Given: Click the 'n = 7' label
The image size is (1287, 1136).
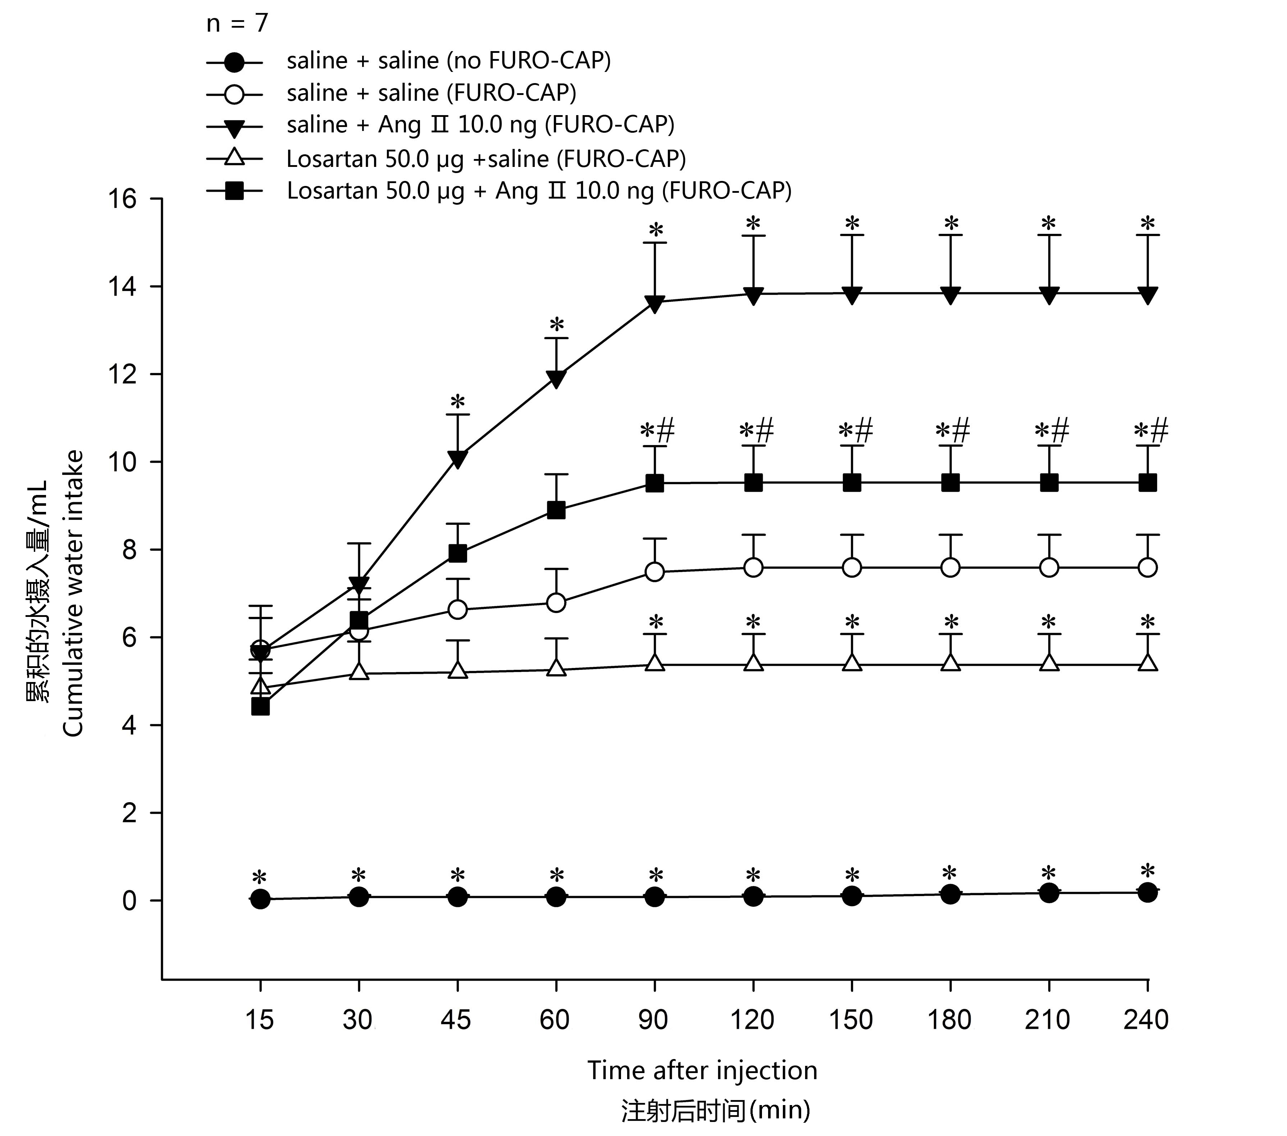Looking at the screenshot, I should tap(237, 24).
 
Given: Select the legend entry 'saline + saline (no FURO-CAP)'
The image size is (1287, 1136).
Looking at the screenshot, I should tap(448, 60).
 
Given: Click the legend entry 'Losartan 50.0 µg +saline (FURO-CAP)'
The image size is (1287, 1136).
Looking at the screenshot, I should tap(485, 159).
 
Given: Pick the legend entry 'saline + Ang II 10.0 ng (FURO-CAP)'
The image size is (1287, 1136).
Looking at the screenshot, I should tap(480, 125).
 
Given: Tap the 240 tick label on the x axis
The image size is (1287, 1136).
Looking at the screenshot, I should tap(1146, 1019).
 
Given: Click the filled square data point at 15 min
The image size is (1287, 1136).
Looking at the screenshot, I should tap(260, 706).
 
